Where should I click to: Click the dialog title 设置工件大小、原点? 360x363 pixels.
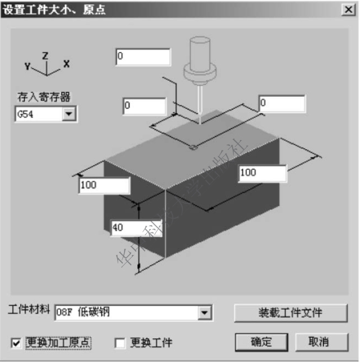(55, 10)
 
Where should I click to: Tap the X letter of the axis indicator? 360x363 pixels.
(66, 64)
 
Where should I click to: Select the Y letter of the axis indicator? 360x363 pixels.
(27, 65)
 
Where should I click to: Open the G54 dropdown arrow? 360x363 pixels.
(69, 114)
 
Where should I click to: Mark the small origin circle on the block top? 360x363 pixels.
(193, 148)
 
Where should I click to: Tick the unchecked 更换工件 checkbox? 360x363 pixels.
(119, 342)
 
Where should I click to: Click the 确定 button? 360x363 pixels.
(261, 342)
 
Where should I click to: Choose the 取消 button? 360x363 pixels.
(319, 342)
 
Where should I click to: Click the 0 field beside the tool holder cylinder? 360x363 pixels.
(143, 57)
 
